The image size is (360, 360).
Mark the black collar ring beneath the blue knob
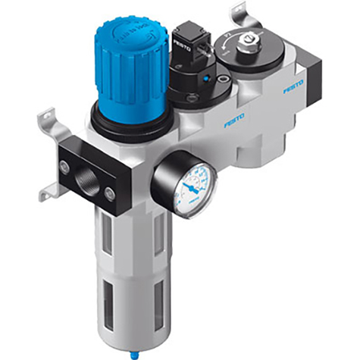(123, 114)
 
